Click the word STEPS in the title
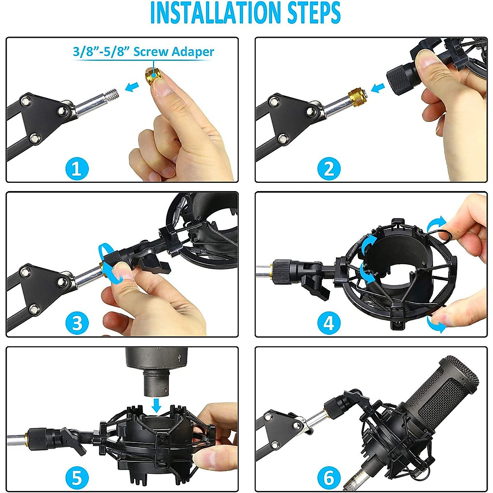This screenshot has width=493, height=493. click(312, 13)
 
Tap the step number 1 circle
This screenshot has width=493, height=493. click(77, 168)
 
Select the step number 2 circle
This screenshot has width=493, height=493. click(329, 168)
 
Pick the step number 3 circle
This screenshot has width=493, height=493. click(77, 323)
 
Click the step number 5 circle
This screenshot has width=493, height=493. click(77, 478)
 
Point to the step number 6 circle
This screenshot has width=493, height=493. click(329, 478)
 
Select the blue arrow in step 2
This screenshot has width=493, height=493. click(378, 87)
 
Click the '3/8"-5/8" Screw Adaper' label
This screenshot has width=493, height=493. click(143, 52)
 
